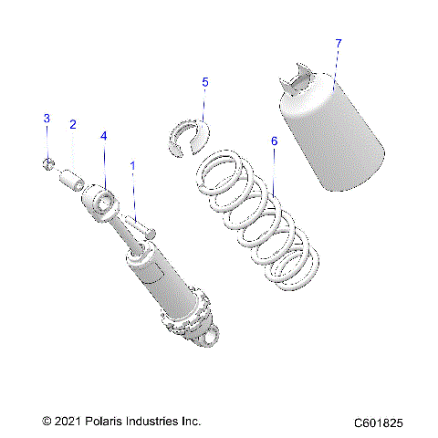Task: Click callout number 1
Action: tap(133, 166)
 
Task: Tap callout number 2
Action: tap(72, 124)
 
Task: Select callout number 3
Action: tap(46, 119)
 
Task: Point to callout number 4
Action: tap(104, 135)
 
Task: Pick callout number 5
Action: tap(205, 83)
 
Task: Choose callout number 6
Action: tap(274, 141)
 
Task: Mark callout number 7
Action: tap(339, 43)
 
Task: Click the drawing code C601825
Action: tap(386, 422)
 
